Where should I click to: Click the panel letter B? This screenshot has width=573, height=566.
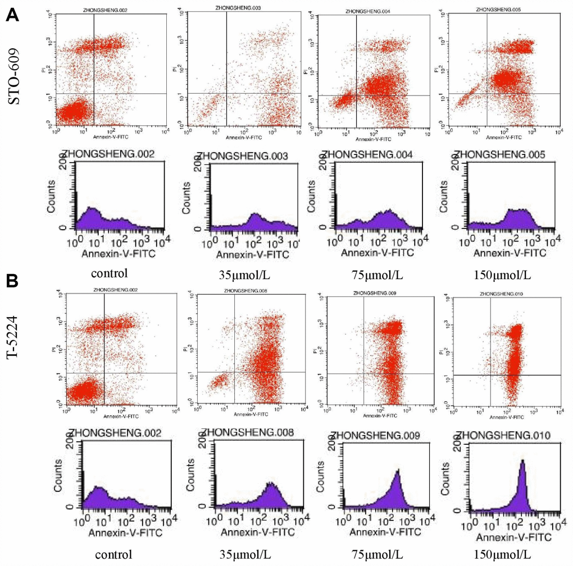point(12,280)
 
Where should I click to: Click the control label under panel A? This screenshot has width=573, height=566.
point(111,274)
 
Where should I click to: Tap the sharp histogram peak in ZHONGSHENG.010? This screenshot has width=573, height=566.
point(522,461)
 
